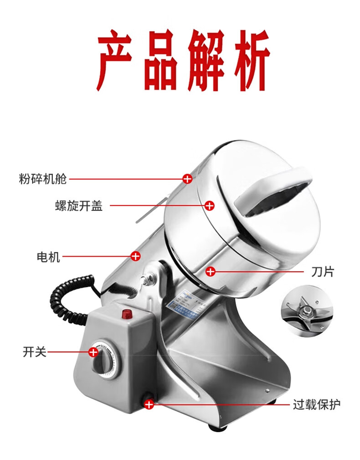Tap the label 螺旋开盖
[x=79, y=206]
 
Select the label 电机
[x=48, y=257]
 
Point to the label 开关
[x=35, y=352]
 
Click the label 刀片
[x=323, y=272]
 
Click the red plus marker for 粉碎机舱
[x=187, y=179]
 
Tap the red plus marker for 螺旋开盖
[x=210, y=206]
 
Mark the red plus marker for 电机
[x=135, y=256]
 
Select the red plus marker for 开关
[x=93, y=352]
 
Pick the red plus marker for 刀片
[x=210, y=272]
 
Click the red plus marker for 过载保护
[x=149, y=404]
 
